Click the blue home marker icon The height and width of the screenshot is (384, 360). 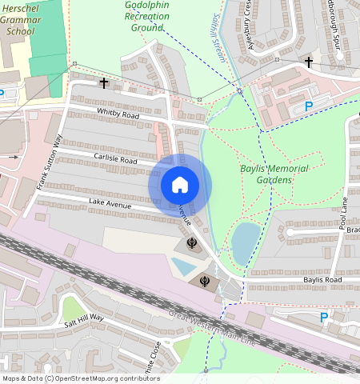(180, 185)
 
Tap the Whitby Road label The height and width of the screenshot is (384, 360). (118, 115)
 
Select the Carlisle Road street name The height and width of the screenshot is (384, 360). (114, 160)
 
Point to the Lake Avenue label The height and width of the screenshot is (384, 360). (110, 204)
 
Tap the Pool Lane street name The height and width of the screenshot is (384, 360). (344, 214)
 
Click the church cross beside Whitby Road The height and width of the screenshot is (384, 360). (103, 82)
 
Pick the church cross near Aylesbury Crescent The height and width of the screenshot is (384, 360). (309, 62)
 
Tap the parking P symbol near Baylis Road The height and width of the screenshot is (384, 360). (323, 318)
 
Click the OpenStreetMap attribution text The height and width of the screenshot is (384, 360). (81, 378)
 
